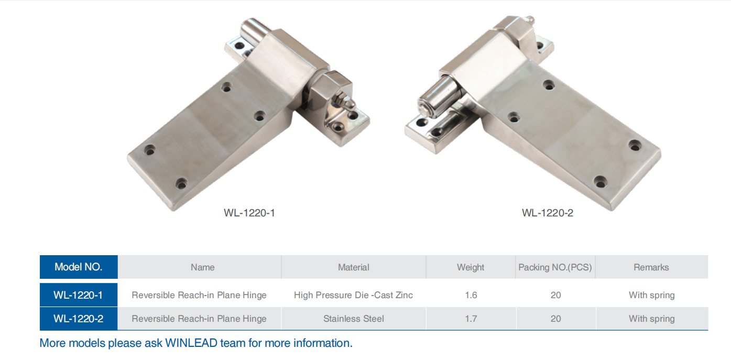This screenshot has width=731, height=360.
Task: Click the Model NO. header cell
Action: (x=78, y=267)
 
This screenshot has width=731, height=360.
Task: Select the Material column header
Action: (x=353, y=267)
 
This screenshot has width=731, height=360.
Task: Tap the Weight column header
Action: (x=470, y=267)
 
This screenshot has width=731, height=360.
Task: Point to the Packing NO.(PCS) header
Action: (x=555, y=267)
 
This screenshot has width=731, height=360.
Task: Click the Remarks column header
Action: (x=651, y=267)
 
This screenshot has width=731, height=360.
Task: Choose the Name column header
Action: (x=203, y=267)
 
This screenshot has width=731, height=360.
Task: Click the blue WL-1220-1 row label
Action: (x=78, y=295)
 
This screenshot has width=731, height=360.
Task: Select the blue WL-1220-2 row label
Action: (x=78, y=319)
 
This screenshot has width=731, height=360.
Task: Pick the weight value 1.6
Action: (x=471, y=295)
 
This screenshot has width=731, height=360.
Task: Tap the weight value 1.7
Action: (x=471, y=319)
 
